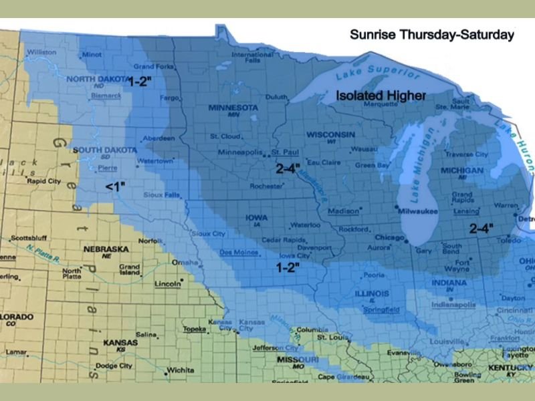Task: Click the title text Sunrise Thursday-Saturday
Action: point(431,35)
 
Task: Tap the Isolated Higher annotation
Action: point(381,96)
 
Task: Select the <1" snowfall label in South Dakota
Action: point(115,186)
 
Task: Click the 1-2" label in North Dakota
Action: point(140,82)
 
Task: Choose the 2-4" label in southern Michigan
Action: point(481,228)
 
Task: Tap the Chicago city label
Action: point(389,237)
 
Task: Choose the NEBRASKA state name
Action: point(105,249)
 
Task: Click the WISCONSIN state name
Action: point(330,135)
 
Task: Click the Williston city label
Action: point(41,51)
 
